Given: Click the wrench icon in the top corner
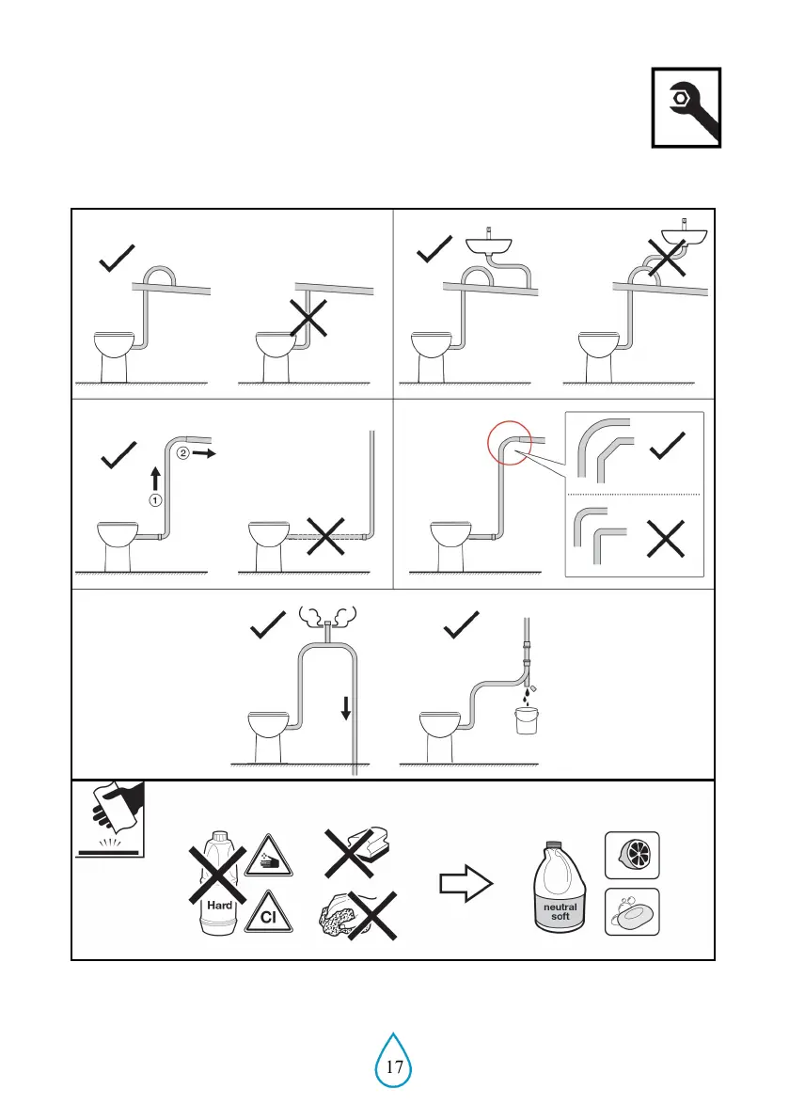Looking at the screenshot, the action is point(686,107).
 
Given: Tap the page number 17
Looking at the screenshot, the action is point(395,1066).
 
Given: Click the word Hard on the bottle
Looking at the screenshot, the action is point(219,906).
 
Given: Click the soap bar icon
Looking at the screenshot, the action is point(632,911).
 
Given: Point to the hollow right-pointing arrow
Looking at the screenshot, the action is point(466,884).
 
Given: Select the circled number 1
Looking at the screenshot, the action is point(153,499).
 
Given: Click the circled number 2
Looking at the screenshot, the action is point(183,451).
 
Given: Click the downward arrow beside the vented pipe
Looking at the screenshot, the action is point(346,707).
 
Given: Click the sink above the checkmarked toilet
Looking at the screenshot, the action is point(490,245).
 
